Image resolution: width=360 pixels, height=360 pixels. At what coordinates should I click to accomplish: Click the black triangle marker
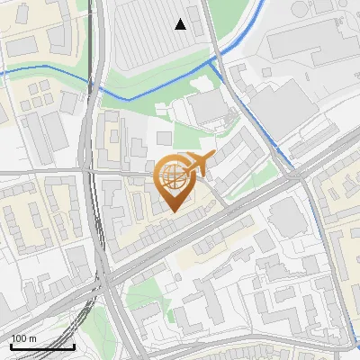click(x=181, y=24)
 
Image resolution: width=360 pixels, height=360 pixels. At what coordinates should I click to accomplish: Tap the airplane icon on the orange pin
click(x=199, y=162)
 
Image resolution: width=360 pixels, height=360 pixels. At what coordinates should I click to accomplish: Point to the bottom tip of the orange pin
click(x=172, y=211)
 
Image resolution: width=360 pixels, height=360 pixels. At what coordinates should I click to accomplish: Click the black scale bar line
click(x=42, y=346)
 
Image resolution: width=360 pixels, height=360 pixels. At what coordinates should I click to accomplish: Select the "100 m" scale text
click(x=24, y=338)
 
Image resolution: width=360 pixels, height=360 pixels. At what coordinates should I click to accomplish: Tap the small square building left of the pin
click(x=163, y=138)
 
